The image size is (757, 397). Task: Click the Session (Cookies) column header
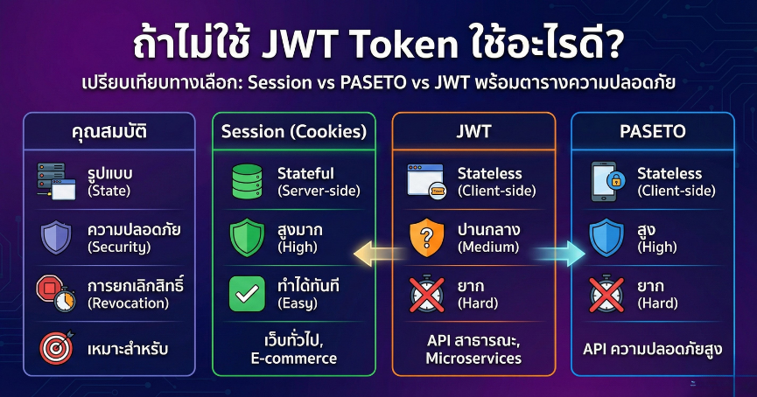(x=293, y=132)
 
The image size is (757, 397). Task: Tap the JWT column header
(x=473, y=132)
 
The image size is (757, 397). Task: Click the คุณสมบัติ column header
(x=109, y=133)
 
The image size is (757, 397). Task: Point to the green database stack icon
(x=247, y=180)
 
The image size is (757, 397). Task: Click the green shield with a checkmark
(x=247, y=237)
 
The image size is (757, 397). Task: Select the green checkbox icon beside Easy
(x=247, y=294)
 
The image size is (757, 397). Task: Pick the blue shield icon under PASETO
(x=607, y=237)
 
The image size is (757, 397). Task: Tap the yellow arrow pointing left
(x=372, y=254)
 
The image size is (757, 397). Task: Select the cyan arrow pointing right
(x=558, y=254)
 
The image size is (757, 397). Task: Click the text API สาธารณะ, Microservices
(x=473, y=349)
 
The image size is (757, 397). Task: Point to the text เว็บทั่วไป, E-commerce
(x=293, y=349)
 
